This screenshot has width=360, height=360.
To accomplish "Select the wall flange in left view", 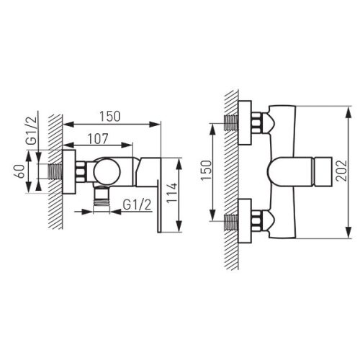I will tap(70, 173).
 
